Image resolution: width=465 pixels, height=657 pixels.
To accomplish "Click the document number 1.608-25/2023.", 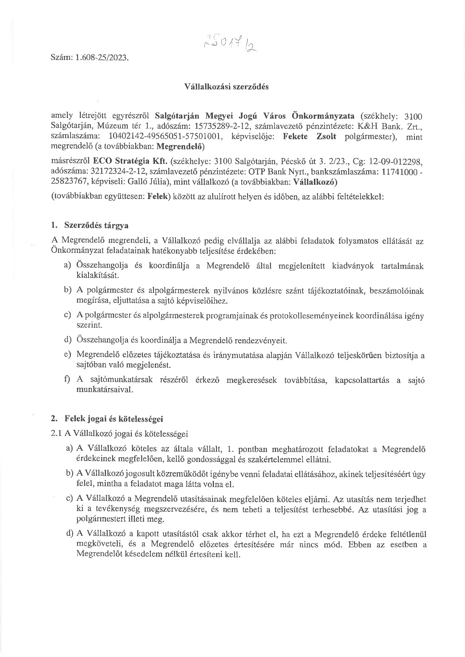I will coord(102,58).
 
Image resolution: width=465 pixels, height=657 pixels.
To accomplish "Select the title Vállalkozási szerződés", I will coord(226,87).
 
